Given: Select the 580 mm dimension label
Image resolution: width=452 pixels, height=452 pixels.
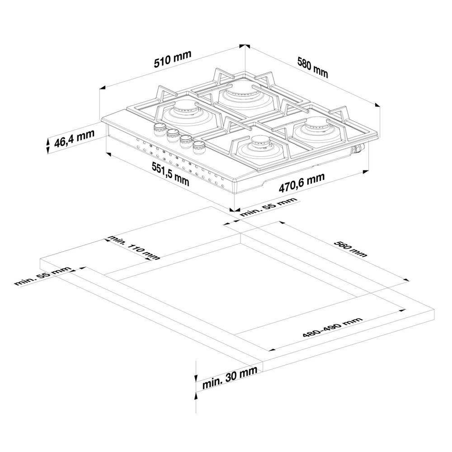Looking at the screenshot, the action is click(313, 67).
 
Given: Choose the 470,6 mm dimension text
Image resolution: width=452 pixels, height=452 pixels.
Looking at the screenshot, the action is click(302, 183).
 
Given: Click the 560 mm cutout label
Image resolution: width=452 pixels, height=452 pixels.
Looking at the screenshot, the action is click(351, 249).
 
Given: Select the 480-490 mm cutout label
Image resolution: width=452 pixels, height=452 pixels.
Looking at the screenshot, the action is click(332, 327).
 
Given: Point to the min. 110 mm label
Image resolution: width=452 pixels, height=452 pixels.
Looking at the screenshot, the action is click(133, 248).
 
